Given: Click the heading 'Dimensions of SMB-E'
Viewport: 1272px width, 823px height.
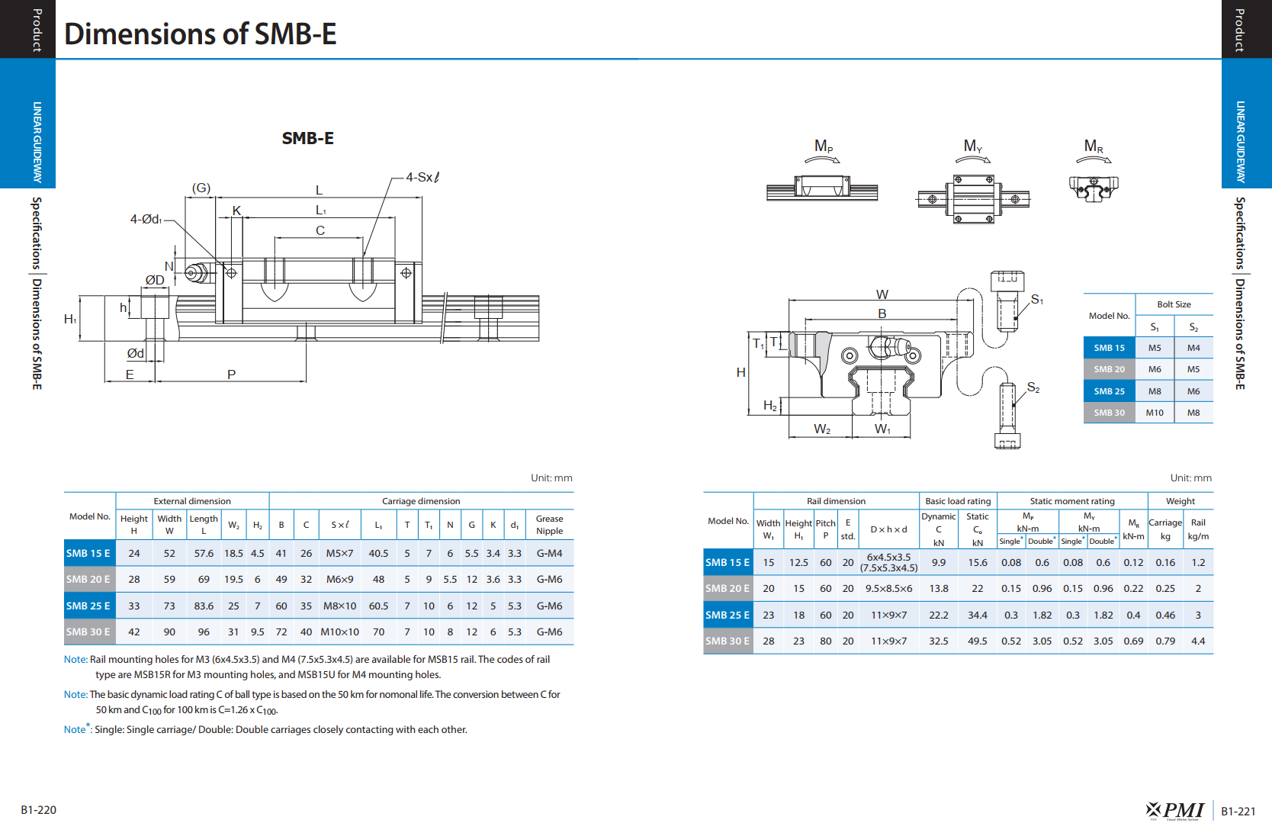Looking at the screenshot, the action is [x=201, y=34].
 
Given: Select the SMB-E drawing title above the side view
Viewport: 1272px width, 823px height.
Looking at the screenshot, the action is [x=308, y=138].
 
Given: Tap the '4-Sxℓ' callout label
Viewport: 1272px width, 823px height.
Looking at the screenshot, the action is [x=422, y=177].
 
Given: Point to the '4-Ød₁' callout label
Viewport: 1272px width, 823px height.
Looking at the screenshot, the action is [x=146, y=219].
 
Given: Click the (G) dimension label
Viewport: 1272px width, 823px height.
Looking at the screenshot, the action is [x=201, y=188].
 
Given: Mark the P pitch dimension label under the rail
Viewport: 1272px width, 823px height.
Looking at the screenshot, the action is [x=231, y=375].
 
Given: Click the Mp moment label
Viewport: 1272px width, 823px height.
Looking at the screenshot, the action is [x=824, y=146].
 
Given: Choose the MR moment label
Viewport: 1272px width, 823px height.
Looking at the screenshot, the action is [x=1093, y=146].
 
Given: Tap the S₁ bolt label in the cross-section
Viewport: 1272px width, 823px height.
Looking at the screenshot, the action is [x=1037, y=299].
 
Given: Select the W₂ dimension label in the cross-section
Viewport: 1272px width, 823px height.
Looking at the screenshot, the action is [x=821, y=429].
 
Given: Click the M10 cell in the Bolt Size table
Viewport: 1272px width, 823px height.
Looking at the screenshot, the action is [x=1155, y=413].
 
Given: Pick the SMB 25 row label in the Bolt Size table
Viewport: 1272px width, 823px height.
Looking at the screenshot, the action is [x=1109, y=391].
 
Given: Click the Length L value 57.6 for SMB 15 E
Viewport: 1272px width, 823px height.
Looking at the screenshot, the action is [x=204, y=553].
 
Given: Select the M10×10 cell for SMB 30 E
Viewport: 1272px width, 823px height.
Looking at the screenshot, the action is [x=339, y=632].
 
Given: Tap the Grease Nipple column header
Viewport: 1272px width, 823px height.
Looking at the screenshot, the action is [x=549, y=525].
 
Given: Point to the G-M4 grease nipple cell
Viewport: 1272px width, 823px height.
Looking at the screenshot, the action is [x=549, y=553].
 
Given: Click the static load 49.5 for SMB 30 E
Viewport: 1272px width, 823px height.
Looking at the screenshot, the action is [x=978, y=641].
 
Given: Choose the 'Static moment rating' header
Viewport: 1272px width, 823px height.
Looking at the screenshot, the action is [x=1072, y=501].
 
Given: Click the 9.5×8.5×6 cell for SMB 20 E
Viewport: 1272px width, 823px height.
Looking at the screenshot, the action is [x=888, y=588].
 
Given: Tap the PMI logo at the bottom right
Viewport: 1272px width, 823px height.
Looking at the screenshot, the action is [x=1175, y=810].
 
